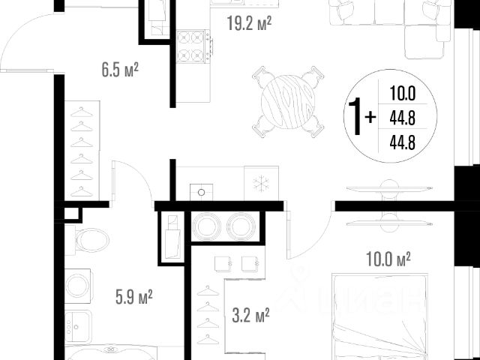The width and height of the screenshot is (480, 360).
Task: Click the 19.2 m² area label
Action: pos(249,23)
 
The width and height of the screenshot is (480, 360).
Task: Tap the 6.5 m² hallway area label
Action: pos(120,70)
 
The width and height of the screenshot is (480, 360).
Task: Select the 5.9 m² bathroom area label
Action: pos(134,297)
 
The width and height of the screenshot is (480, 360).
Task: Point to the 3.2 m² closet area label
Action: pos(250,315)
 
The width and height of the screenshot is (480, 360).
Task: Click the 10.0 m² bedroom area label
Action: pos(388,259)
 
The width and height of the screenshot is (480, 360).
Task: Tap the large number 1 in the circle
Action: pos(355,116)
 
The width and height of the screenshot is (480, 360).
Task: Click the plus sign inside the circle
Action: pos(370,117)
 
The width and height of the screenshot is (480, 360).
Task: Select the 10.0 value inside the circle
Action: pos(402,93)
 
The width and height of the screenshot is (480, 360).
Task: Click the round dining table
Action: pos(288,102)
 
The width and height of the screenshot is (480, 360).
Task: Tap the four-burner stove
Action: pos(193,46)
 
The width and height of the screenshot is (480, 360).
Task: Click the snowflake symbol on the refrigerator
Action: pos(261,184)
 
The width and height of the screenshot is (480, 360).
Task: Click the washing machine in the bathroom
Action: pos(77,286)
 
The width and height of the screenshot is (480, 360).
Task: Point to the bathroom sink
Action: pos(78,326)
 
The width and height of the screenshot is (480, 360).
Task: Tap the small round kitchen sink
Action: pos(201,192)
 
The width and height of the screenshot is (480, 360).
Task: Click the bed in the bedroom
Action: pos(380,316)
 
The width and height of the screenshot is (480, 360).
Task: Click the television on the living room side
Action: pos(389,189)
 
